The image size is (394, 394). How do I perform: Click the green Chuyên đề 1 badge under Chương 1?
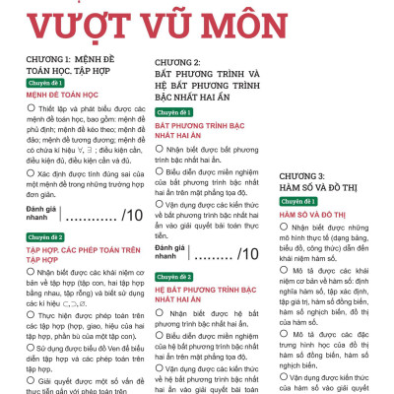(45, 84)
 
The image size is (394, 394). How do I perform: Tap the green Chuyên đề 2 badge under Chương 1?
(45, 237)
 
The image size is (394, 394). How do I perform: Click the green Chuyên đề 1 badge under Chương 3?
(299, 200)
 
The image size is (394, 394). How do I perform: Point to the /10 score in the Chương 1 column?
(132, 216)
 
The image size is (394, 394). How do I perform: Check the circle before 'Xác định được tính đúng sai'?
(32, 172)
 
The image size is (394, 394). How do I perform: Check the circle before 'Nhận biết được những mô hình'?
(285, 229)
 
